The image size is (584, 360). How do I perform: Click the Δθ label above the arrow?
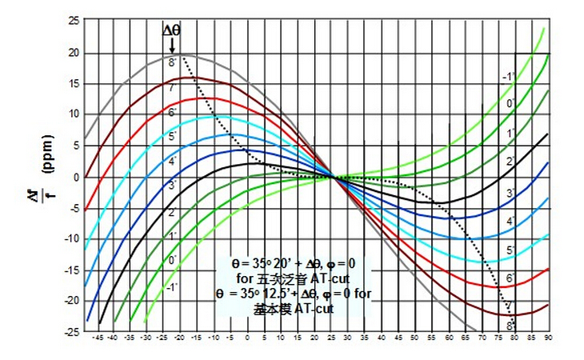click(x=172, y=30)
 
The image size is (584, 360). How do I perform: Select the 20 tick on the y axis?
click(x=71, y=53)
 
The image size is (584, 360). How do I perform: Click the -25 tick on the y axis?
click(x=70, y=331)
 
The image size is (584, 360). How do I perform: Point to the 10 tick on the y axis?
click(x=71, y=114)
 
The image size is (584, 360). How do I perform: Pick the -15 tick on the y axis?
click(x=70, y=270)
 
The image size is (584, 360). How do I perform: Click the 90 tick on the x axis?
click(x=549, y=338)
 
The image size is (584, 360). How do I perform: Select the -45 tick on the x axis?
click(x=99, y=338)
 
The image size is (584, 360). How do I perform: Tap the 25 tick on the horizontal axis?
click(x=332, y=338)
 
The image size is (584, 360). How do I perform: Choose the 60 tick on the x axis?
click(x=449, y=338)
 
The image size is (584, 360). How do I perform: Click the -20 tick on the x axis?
click(x=182, y=338)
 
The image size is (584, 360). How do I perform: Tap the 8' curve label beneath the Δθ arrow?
click(x=172, y=61)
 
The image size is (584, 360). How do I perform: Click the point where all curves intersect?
click(x=331, y=177)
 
